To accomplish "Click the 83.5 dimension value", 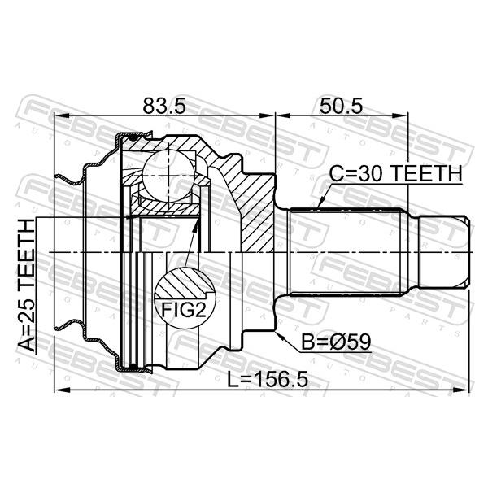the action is click(164, 106).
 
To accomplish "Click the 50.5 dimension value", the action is click(342, 106).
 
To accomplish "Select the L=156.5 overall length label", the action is click(268, 379).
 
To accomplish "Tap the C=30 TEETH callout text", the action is click(396, 173).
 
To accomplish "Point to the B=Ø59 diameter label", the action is click(336, 342).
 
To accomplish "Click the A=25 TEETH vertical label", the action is click(27, 285).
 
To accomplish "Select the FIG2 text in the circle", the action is click(184, 310).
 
